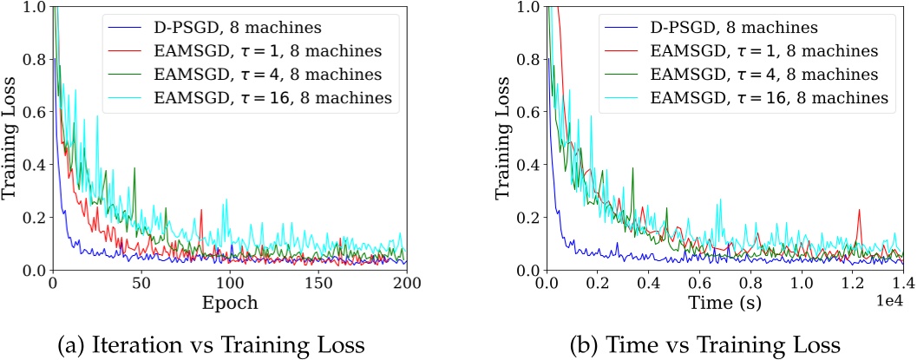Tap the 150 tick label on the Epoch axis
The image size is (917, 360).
point(318,284)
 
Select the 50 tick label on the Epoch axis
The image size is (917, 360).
point(141,284)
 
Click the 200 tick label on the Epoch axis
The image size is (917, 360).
point(407,284)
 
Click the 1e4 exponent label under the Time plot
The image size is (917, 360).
point(889,299)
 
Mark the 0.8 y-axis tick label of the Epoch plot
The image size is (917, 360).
point(35,61)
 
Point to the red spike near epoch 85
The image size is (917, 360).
point(201,211)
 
